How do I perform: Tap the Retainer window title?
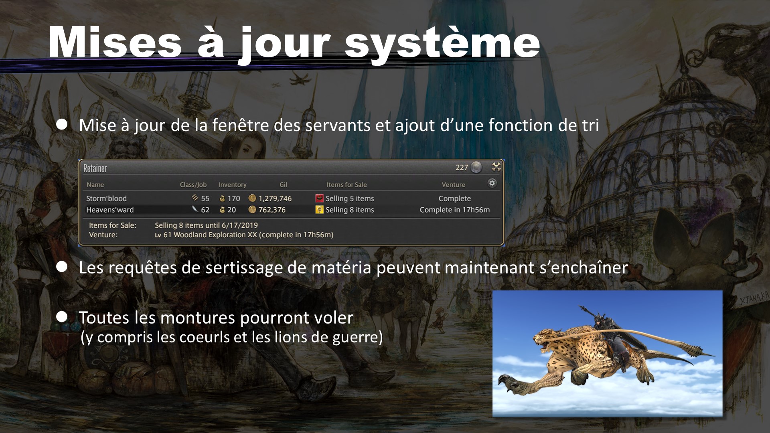[95, 168]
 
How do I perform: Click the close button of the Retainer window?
[496, 167]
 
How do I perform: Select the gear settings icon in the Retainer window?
[492, 183]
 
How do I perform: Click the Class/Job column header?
[193, 184]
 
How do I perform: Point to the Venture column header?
[453, 184]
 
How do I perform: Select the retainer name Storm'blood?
[106, 198]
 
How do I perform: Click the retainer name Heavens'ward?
[110, 210]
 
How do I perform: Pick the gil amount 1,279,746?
[275, 198]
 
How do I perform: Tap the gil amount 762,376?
[272, 210]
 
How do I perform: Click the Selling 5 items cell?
[350, 198]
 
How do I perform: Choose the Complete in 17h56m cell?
[455, 210]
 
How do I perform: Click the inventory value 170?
[233, 198]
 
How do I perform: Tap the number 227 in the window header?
[462, 168]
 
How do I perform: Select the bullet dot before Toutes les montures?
[62, 317]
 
